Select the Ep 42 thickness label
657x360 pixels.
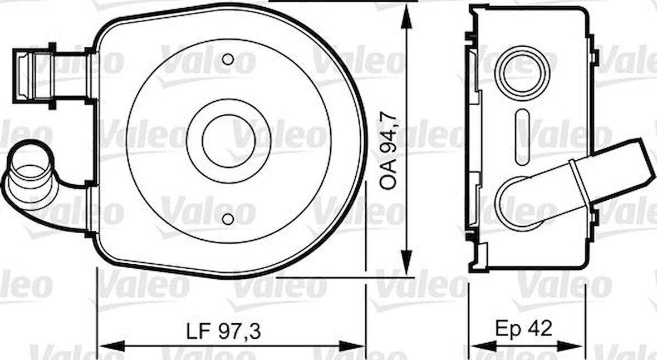pos(523,329)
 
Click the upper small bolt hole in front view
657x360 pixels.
pos(228,59)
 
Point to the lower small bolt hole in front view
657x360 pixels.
pos(228,219)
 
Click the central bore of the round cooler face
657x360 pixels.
pos(228,141)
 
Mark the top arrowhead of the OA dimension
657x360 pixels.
pos(407,17)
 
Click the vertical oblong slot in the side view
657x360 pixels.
pos(522,137)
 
